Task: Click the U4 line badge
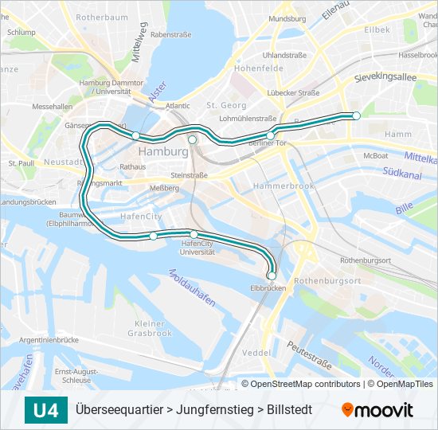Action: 45,410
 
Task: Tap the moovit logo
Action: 377,410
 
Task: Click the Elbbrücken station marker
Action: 272,276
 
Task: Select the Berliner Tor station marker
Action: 271,135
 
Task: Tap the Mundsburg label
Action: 287,18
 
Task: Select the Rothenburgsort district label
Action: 327,281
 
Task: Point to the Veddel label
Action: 256,352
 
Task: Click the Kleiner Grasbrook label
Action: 148,328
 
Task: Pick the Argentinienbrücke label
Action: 49,340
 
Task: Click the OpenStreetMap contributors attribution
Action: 304,384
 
